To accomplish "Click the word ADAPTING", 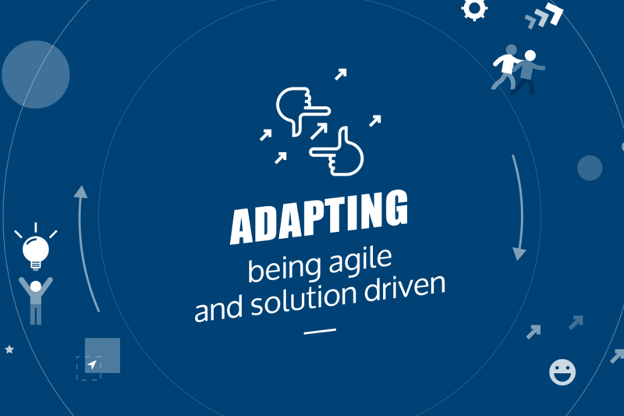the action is coord(319,217).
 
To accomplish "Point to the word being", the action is coord(284,269).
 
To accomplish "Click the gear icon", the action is coord(474,9).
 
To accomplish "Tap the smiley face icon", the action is coord(562,372).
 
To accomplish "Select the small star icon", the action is coord(9,349).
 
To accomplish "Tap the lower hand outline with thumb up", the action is coord(337,152).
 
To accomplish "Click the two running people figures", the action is coord(518,70).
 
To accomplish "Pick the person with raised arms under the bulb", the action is coord(35,300).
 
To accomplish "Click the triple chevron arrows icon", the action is coord(544,16).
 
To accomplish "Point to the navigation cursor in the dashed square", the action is coord(92,364).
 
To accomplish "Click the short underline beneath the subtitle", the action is coord(320,331).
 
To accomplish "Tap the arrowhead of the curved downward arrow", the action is coord(519,254).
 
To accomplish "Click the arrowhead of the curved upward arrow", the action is coord(81,191).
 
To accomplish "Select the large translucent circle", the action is coord(36,74).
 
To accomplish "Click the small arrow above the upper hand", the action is coord(341,74).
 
